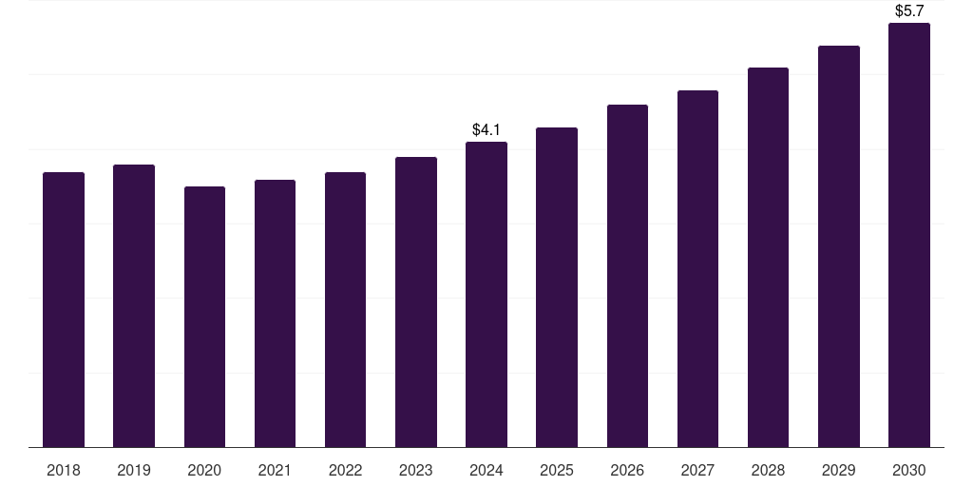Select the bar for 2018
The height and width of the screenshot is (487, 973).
pos(64,309)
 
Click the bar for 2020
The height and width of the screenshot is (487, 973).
pos(205,317)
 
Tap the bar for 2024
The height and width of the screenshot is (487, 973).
pos(486,295)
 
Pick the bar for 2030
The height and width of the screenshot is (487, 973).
pos(909,235)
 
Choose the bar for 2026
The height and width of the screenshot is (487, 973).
pos(627,276)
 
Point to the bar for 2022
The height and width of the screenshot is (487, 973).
pos(345,309)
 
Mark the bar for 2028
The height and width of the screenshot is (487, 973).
pos(768,257)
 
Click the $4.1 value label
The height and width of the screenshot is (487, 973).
pos(486,129)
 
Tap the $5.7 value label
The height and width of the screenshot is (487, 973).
pos(909,11)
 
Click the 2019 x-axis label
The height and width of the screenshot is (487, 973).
pos(134,470)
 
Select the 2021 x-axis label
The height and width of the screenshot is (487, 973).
pos(275,470)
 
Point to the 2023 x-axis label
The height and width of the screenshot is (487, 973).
pos(416,470)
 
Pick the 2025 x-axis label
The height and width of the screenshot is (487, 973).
pos(557,470)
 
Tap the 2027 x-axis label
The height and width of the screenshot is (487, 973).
pos(697,470)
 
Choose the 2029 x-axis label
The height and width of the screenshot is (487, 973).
pos(838,470)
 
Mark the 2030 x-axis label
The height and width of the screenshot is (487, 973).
pos(909,470)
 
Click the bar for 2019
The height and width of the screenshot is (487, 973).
pos(134,305)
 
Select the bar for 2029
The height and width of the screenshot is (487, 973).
pos(839,246)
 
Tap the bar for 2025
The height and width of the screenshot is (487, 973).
pos(557,287)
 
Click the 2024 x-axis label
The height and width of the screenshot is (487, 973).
pos(486,470)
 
